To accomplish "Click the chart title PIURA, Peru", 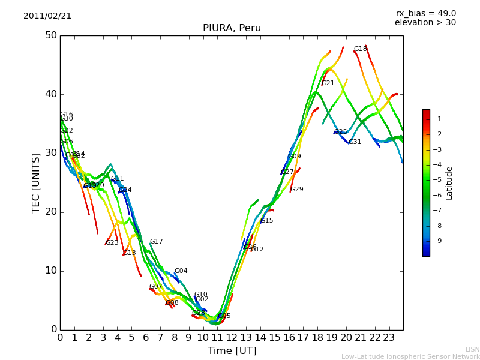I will (x=232, y=28).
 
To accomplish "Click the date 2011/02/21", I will (x=47, y=16).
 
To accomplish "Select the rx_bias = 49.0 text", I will (x=425, y=13).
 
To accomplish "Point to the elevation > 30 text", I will (x=425, y=23).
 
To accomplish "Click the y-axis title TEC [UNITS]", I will (x=36, y=182).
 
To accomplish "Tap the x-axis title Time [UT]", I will (x=232, y=350).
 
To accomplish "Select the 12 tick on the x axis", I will (x=232, y=338).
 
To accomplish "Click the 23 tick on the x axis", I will (x=389, y=338).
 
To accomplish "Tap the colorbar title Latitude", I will (x=449, y=182).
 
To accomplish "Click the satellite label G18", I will (x=360, y=49).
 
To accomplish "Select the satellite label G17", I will (x=156, y=242).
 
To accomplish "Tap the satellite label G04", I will (x=181, y=271).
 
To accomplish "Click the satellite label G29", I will (x=297, y=190).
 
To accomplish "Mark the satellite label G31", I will (x=355, y=142).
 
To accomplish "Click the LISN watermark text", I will (x=472, y=349).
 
